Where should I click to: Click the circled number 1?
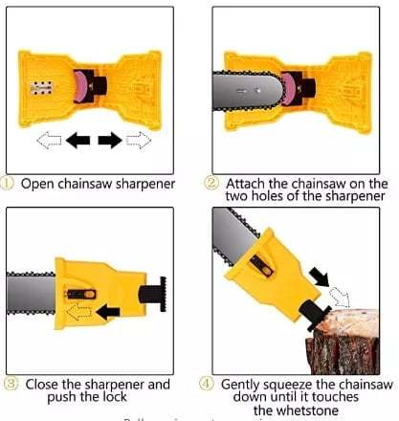click(10, 184)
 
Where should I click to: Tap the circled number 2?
click(211, 184)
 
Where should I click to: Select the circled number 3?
click(10, 384)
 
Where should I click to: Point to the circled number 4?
click(209, 384)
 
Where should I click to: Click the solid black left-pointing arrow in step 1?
click(78, 141)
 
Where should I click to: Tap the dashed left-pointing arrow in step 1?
click(47, 141)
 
